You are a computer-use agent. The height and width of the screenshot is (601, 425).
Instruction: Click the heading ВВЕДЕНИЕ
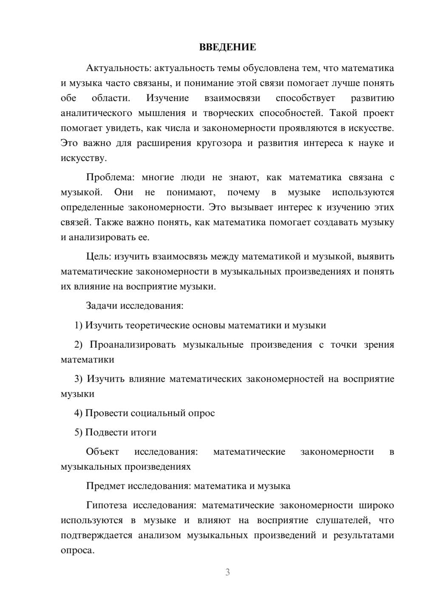227,47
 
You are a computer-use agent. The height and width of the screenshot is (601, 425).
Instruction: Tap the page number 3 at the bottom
227,572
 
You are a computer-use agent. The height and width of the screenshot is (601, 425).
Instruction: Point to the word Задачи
102,306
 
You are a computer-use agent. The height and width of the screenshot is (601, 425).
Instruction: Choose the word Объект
102,452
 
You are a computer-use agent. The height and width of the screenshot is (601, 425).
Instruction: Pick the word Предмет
105,486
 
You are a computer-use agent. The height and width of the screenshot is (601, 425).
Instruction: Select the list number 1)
79,326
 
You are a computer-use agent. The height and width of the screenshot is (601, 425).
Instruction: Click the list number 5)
79,433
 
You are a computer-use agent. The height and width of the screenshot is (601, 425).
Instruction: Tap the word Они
124,193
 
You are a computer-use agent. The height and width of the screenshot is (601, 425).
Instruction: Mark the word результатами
364,536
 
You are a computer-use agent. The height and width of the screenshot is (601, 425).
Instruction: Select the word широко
376,505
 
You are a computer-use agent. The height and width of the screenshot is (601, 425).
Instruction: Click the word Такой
343,113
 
